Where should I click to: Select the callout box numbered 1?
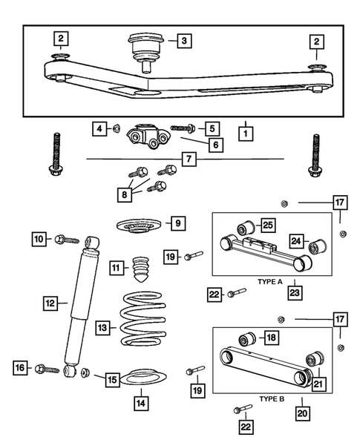click(x=243, y=135)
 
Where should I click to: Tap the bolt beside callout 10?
click(x=65, y=240)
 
